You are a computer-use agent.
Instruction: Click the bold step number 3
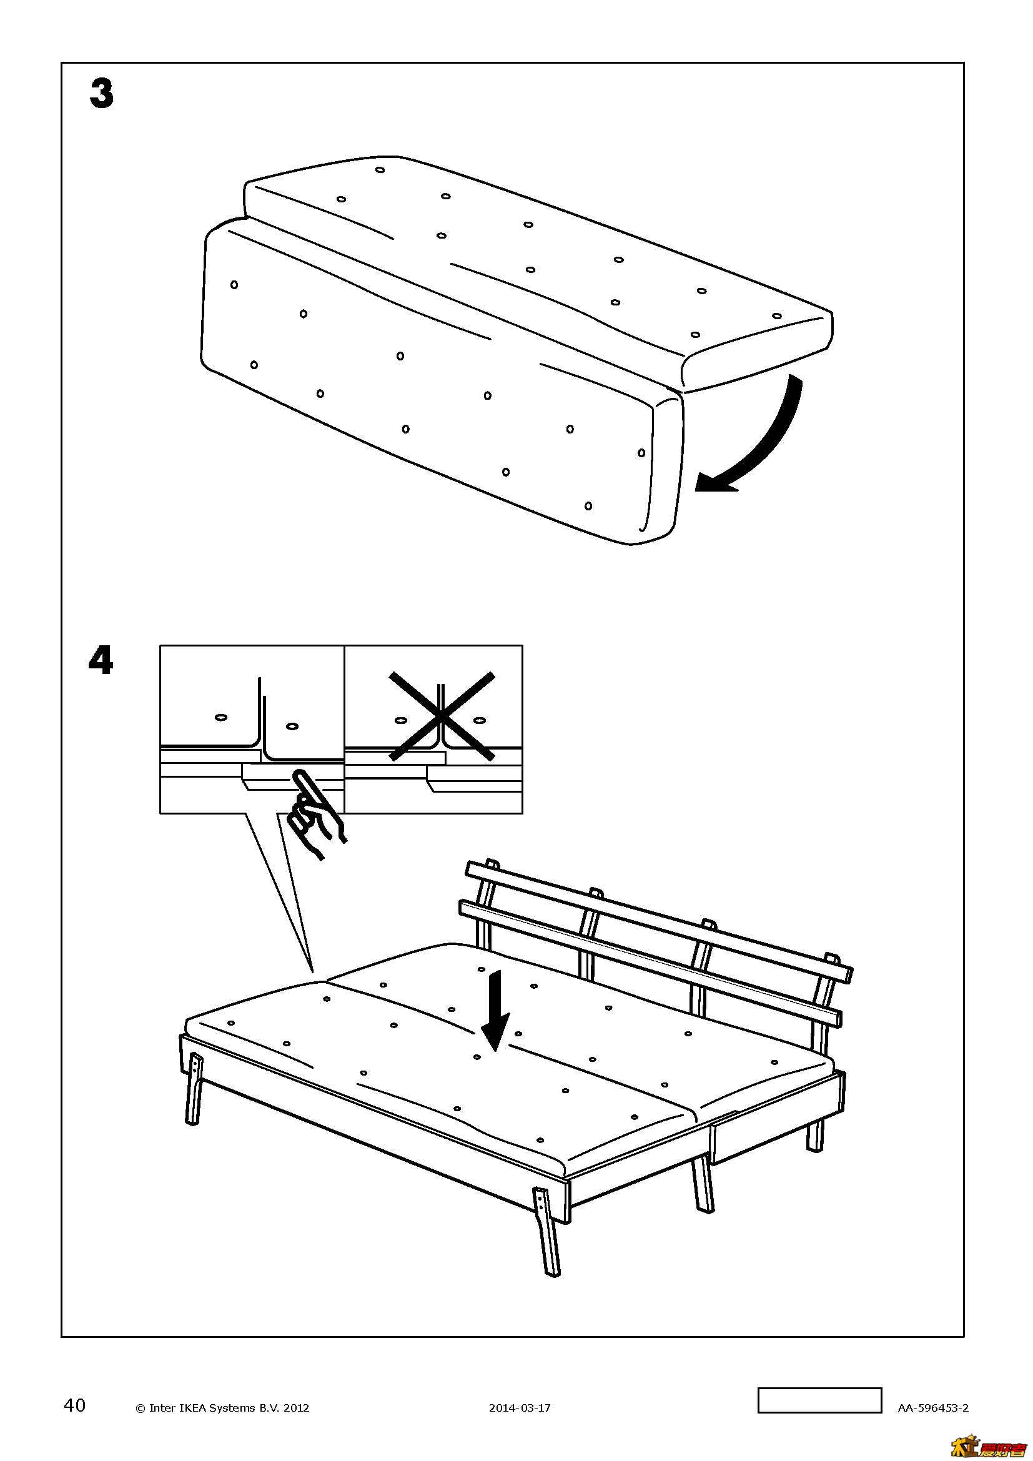102,94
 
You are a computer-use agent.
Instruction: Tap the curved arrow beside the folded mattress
757,445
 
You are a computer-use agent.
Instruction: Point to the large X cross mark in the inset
442,716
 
